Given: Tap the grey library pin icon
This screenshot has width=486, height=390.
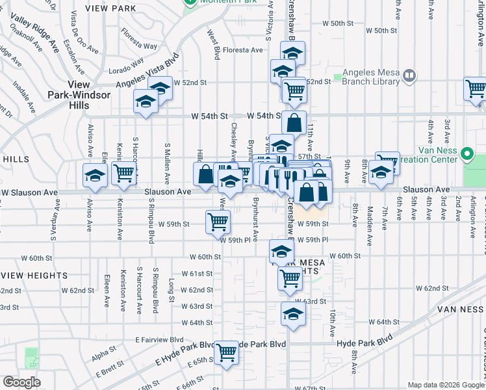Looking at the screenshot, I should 409,77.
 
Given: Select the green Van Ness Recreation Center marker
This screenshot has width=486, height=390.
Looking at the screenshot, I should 467,155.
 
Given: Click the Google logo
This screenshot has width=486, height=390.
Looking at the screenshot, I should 21,382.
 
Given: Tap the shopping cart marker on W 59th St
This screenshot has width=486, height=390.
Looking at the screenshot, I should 218,221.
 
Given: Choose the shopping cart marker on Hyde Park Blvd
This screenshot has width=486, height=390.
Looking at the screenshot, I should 227,352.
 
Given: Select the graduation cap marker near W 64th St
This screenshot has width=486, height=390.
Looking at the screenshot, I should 293,313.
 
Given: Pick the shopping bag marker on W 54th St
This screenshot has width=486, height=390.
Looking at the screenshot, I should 294,122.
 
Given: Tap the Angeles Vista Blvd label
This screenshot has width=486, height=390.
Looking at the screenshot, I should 147,71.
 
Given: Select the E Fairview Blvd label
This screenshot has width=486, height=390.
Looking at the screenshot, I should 160,339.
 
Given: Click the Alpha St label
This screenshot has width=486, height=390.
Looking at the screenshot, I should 103,354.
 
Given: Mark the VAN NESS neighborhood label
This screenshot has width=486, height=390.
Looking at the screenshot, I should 459,309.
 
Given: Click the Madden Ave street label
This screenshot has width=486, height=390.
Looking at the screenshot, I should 370,222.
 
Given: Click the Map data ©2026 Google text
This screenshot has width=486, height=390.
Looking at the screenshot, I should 444,385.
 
